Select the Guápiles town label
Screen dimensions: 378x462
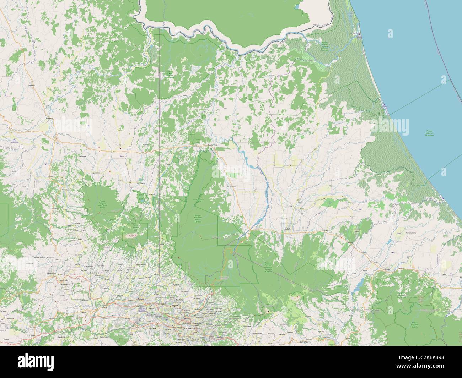[288, 229]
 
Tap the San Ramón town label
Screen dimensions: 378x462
[52, 273]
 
